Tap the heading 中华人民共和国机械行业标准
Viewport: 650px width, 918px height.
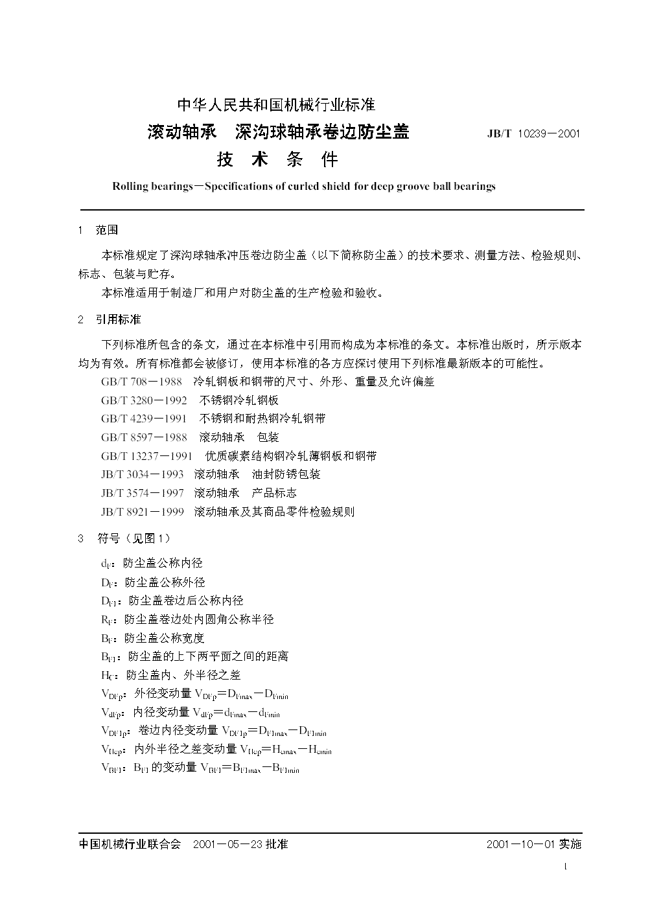point(276,104)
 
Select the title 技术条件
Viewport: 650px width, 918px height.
point(277,159)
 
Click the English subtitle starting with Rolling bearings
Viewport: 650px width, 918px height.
point(303,187)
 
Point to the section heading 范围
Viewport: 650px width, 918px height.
point(107,230)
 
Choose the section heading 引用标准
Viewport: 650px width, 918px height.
point(118,319)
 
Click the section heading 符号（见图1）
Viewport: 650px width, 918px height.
point(134,538)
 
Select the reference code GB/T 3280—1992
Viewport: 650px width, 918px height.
point(144,400)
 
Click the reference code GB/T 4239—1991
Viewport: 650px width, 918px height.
point(144,419)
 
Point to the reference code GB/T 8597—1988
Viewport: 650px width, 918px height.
point(144,437)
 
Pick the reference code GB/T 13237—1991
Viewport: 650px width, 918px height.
point(146,456)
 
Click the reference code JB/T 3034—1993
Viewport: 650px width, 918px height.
point(142,474)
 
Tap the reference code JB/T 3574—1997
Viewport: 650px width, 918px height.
point(142,493)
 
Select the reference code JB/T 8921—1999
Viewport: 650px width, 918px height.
point(142,512)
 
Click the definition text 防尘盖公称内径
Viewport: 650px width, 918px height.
point(163,564)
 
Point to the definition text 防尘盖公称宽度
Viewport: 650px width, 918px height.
point(164,638)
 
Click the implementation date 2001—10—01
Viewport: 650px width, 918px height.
point(521,844)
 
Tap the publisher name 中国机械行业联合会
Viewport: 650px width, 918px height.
point(129,844)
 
